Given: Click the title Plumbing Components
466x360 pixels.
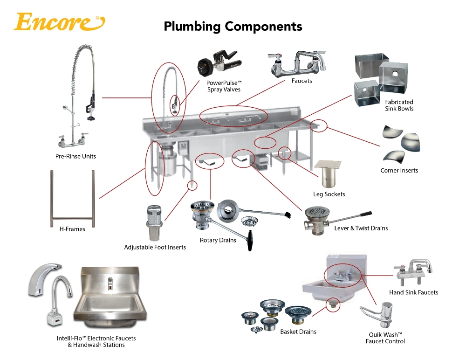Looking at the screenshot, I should pyautogui.click(x=233, y=26).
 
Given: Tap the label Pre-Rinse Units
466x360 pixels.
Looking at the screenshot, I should pyautogui.click(x=75, y=156).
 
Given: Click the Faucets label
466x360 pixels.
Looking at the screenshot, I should pyautogui.click(x=302, y=81).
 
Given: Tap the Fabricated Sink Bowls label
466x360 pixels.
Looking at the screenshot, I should pyautogui.click(x=399, y=105).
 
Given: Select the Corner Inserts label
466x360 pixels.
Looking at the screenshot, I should pyautogui.click(x=399, y=170).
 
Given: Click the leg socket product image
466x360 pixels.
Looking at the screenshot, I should pyautogui.click(x=330, y=175).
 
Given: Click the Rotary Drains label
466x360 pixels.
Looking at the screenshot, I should pyautogui.click(x=218, y=240).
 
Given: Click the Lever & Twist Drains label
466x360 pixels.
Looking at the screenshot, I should pyautogui.click(x=361, y=228).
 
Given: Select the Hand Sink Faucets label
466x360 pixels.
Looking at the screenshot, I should pyautogui.click(x=413, y=292).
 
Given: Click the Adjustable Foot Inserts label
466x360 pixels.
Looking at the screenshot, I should pyautogui.click(x=155, y=247).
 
